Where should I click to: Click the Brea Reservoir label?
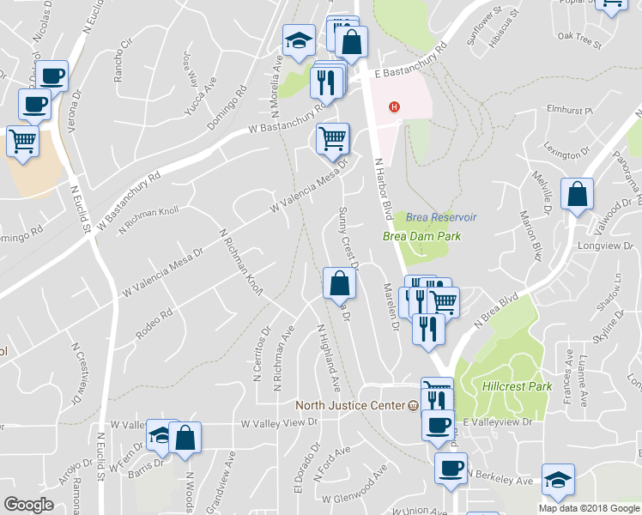click(x=440, y=218)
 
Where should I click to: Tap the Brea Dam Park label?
click(x=421, y=236)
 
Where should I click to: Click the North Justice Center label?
click(x=350, y=405)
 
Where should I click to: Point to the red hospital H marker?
click(x=394, y=106)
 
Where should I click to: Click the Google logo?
click(x=27, y=504)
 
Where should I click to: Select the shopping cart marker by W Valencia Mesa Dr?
click(x=332, y=137)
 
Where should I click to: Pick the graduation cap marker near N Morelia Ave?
click(x=299, y=39)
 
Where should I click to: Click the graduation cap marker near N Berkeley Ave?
click(x=558, y=479)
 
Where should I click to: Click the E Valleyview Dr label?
click(x=498, y=422)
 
